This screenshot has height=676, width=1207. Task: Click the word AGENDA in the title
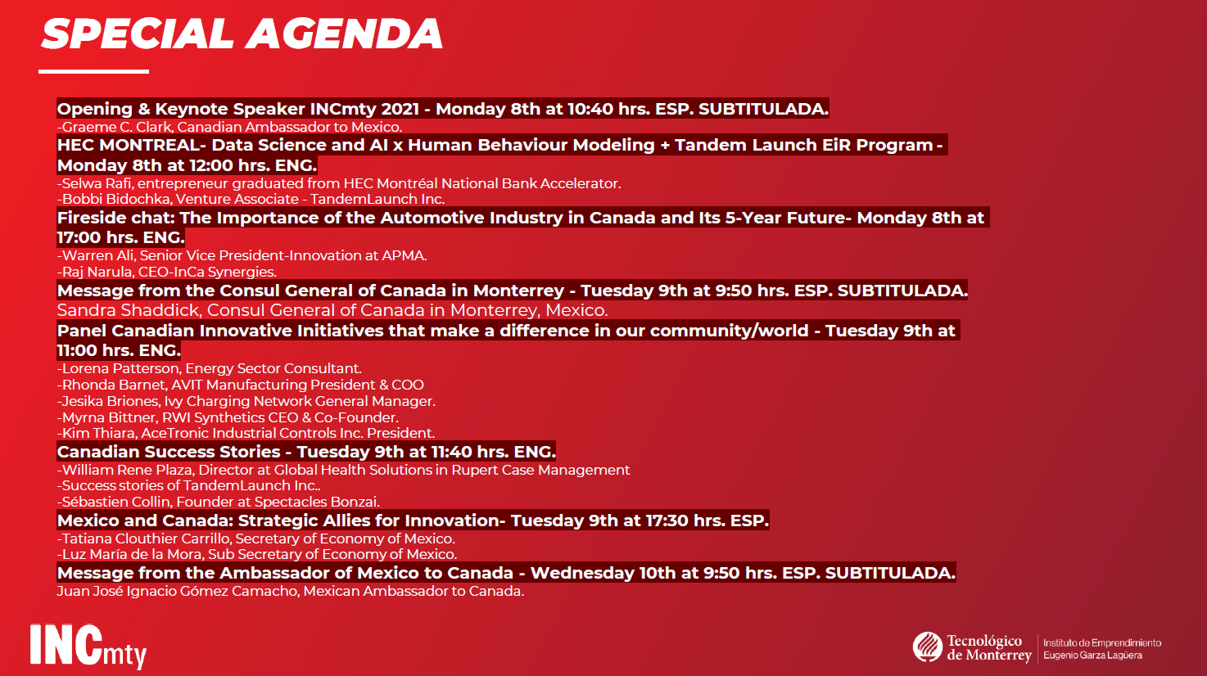[x=345, y=34]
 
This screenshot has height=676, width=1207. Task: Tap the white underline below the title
[x=93, y=71]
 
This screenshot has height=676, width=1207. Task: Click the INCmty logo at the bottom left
[x=88, y=646]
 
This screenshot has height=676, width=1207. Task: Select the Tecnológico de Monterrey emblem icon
[x=927, y=647]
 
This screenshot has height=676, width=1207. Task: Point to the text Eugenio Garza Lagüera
[x=1092, y=656]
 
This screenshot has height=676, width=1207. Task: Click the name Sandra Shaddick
[x=129, y=310]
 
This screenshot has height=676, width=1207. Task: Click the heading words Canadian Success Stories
[x=169, y=452]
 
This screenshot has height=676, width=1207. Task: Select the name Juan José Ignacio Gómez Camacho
[x=177, y=592]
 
